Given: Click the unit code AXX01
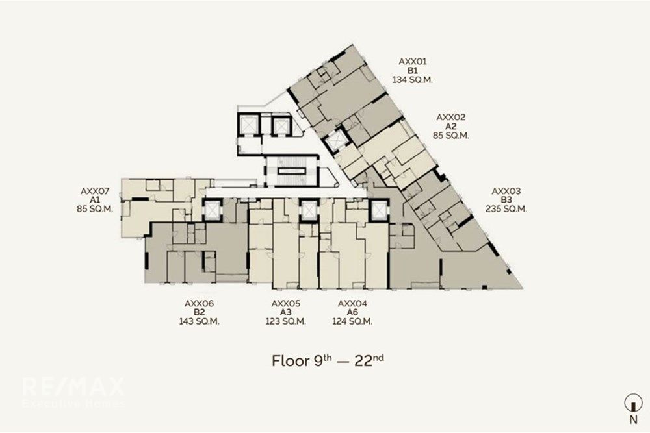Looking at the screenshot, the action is tap(413, 62).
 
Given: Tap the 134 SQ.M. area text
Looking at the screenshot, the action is tap(413, 80).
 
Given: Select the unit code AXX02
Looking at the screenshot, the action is tap(451, 117).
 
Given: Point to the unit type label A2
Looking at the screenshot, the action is tap(451, 126).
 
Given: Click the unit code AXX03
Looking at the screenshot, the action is tap(506, 192).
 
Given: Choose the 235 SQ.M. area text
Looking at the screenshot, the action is tap(506, 209).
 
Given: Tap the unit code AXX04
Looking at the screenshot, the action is tap(352, 303).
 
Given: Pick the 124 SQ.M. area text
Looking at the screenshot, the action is tap(352, 321).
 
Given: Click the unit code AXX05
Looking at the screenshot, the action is tap(286, 303).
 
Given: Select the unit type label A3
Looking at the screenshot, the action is tap(286, 312).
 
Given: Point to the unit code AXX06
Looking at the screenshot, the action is tap(200, 303).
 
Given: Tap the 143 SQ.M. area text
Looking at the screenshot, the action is tap(200, 321).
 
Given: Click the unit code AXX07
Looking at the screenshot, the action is tap(95, 192).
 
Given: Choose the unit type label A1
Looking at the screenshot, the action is tap(95, 200).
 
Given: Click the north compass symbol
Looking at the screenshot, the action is tap(633, 402).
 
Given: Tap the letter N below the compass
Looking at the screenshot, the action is tap(633, 419).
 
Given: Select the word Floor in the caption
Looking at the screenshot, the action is tap(290, 360).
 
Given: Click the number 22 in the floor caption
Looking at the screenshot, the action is tap(363, 361).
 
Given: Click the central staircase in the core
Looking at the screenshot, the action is tap(291, 171).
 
